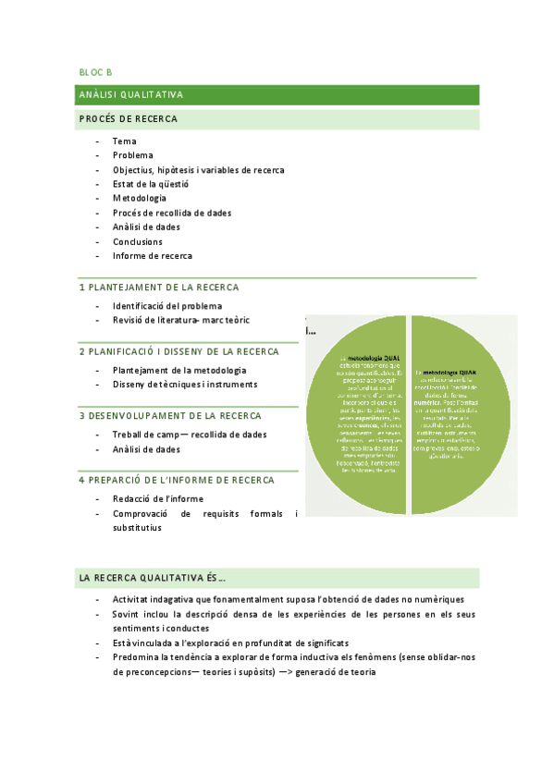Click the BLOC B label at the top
point(95,71)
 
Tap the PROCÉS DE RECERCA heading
point(129,119)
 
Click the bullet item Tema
point(124,141)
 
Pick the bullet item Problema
point(133,155)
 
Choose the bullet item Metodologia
point(140,198)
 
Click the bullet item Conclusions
point(138,242)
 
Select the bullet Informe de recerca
point(153,256)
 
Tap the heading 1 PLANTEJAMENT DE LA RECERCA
point(158,288)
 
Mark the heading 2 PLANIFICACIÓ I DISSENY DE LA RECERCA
point(179,351)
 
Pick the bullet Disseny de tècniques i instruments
point(185,385)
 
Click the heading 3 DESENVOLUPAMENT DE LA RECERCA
point(169,416)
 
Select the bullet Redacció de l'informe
point(159,498)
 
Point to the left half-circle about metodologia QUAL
point(356,414)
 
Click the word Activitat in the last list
point(133,600)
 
